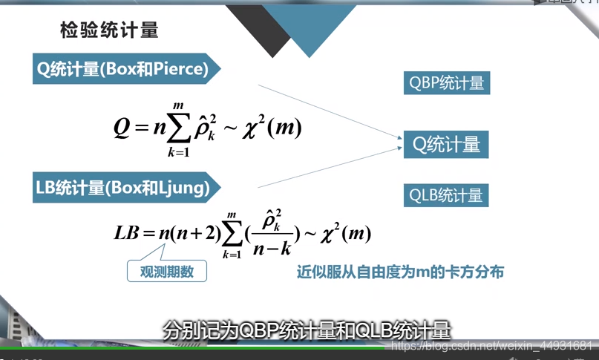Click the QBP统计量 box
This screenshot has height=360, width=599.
pyautogui.click(x=447, y=83)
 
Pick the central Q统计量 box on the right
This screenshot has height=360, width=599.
pyautogui.click(x=446, y=145)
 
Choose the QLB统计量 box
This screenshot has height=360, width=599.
pyautogui.click(x=446, y=195)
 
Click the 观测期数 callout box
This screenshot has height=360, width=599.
pyautogui.click(x=167, y=271)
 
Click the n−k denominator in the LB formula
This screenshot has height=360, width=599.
pyautogui.click(x=272, y=249)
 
